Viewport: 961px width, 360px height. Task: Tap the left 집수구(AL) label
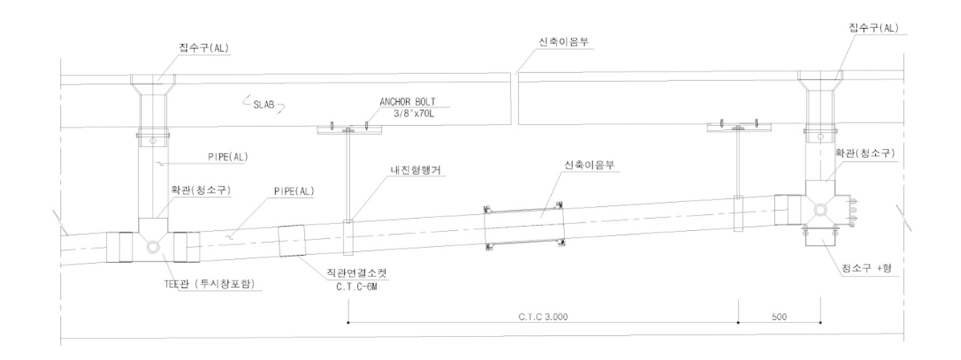tap(204, 47)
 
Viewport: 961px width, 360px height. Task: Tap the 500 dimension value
tap(778, 317)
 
